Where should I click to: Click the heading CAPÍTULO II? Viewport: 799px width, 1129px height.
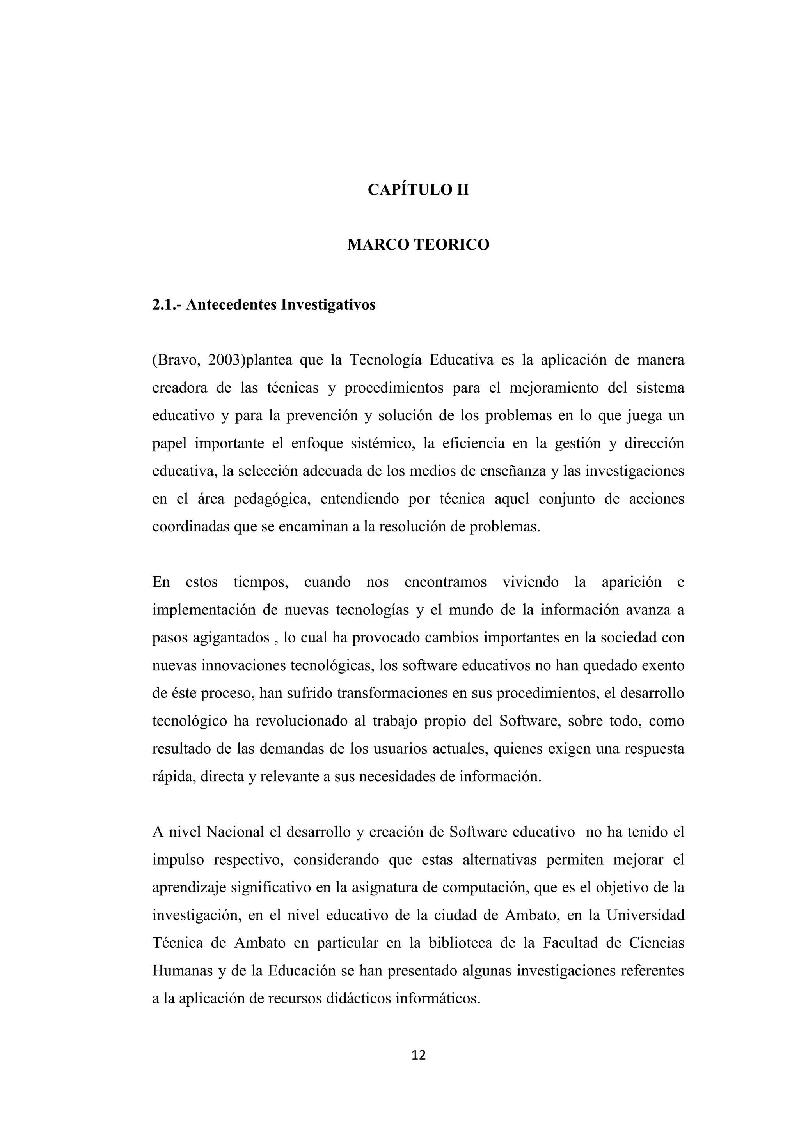418,189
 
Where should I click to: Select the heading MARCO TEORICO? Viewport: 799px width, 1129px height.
418,244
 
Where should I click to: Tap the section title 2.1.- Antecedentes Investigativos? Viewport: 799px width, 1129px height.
264,305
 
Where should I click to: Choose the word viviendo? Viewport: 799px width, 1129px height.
530,582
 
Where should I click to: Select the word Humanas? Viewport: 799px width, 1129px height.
179,971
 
